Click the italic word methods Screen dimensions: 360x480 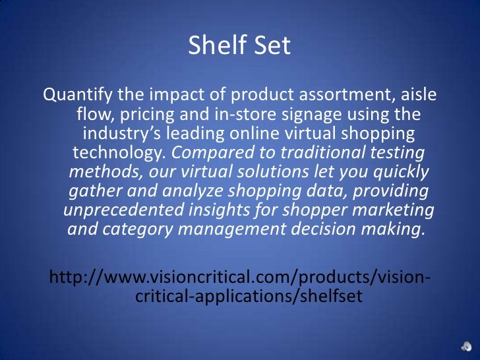[x=95, y=173]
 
